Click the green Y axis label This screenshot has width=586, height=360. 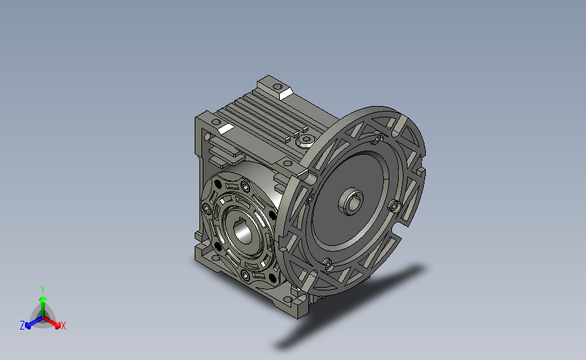(x=42, y=288)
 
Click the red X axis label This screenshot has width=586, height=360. (x=64, y=326)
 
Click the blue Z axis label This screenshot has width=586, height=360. (x=22, y=325)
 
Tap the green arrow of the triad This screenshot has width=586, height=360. (x=43, y=301)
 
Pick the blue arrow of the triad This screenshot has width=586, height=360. (x=32, y=320)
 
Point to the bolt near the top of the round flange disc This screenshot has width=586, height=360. (x=376, y=140)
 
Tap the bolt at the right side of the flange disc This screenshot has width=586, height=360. (x=393, y=205)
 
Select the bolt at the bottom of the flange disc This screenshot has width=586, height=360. (x=326, y=263)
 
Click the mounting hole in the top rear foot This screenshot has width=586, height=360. (x=276, y=87)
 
